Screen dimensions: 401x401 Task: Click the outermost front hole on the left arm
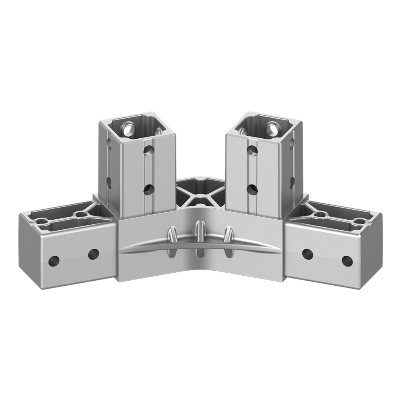tap(54, 261)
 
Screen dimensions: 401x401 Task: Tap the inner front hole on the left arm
tap(93, 254)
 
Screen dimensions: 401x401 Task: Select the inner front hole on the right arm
tap(307, 254)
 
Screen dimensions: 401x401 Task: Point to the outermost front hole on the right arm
tap(347, 261)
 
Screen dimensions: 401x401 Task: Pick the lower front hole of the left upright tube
tap(149, 190)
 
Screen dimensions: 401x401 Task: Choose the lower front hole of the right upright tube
tap(252, 190)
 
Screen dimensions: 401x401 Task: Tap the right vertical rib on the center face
tap(228, 242)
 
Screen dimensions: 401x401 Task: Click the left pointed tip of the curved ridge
tap(122, 252)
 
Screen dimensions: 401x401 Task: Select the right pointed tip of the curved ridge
tap(279, 252)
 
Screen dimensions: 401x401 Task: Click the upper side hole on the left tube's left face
tap(109, 142)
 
